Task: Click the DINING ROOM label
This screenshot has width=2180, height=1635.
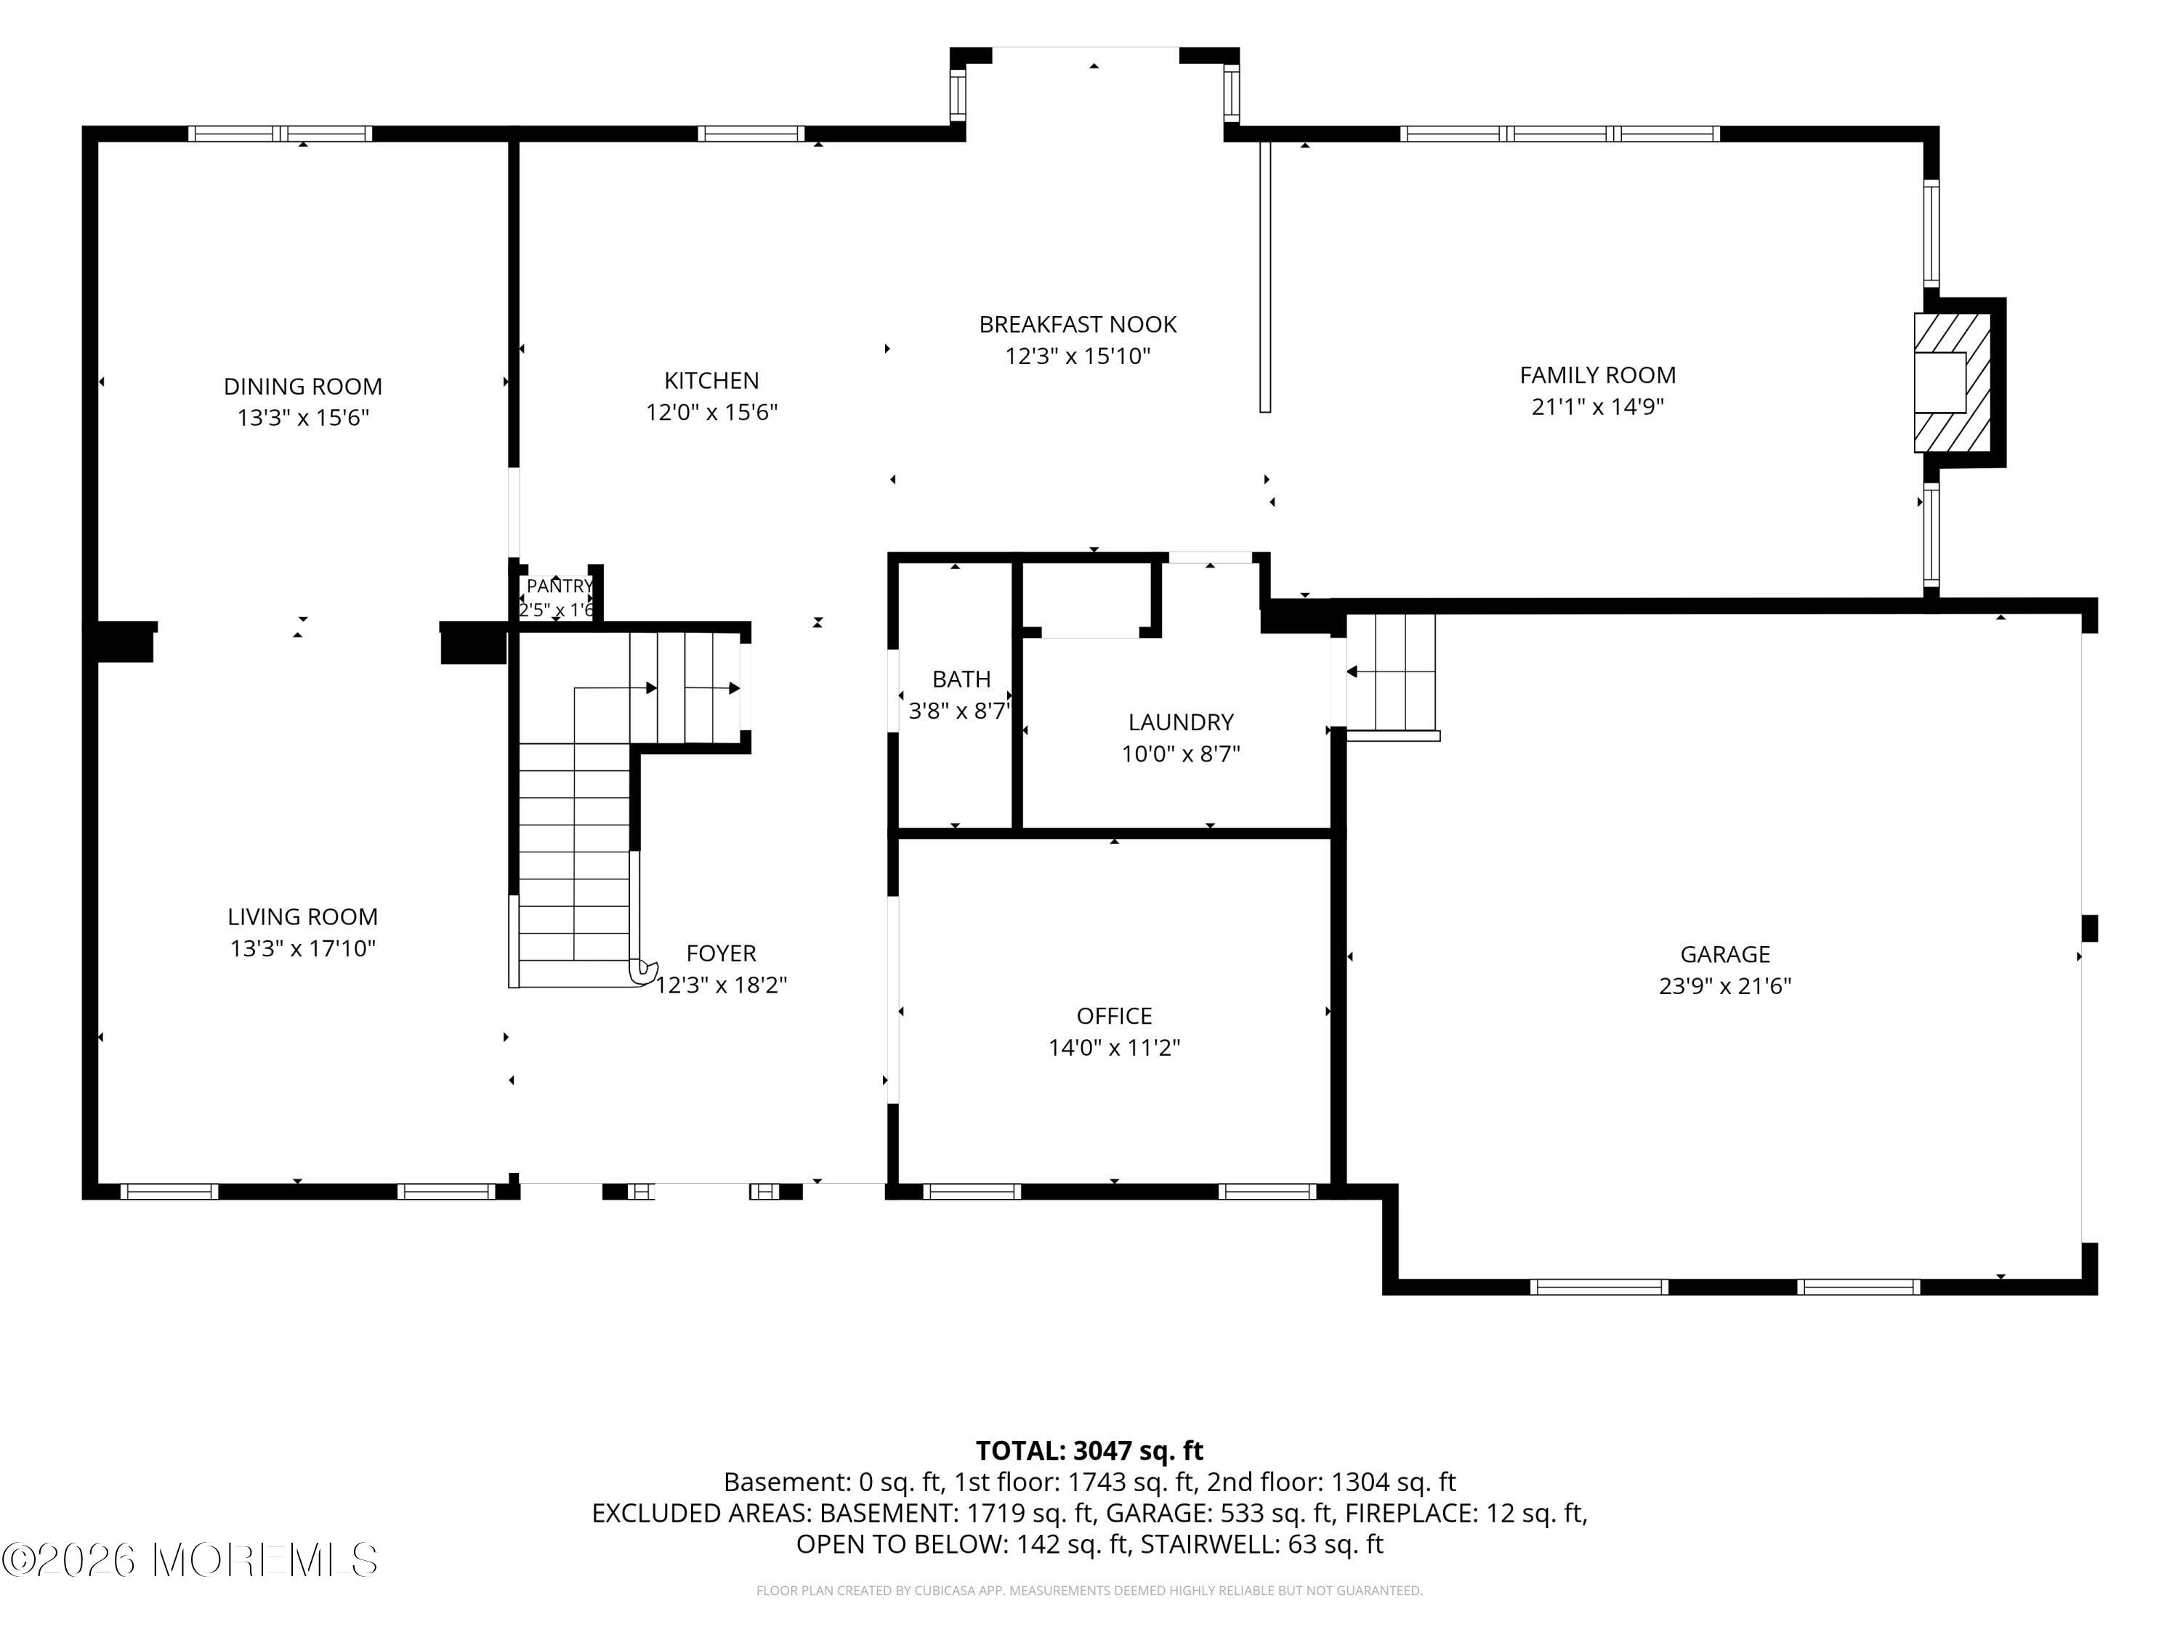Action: coord(302,387)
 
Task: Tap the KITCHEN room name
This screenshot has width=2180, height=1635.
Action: coord(711,381)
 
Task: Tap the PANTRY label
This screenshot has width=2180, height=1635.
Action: coord(559,586)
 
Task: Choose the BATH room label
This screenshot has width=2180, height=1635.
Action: coord(961,679)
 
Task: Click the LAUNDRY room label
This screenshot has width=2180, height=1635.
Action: coord(1181,722)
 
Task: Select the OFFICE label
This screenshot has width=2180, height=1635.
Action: coord(1114,1016)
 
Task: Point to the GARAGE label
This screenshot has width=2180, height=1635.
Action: coord(1724,954)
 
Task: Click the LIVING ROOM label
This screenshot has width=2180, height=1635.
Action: coord(302,916)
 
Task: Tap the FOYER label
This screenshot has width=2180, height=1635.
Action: coord(722,953)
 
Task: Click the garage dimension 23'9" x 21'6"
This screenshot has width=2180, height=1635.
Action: coord(1724,985)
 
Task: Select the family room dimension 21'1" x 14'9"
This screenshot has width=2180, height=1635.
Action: coord(1597,406)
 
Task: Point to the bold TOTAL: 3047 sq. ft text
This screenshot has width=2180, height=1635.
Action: coord(1089,1450)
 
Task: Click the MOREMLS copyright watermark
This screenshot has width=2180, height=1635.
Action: coord(189,1560)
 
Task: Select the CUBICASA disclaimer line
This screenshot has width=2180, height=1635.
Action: coord(1089,1591)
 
